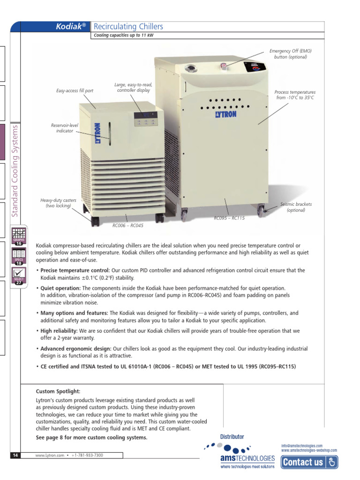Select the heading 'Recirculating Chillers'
pyautogui.click(x=128, y=27)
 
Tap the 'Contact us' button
pyautogui.click(x=309, y=462)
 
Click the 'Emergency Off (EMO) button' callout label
pyautogui.click(x=290, y=53)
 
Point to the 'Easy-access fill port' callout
pyautogui.click(x=75, y=90)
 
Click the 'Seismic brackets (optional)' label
pyautogui.click(x=296, y=207)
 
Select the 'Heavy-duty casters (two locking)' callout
pyautogui.click(x=58, y=203)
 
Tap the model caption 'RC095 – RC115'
pyautogui.click(x=229, y=218)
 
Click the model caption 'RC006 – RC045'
pyautogui.click(x=128, y=225)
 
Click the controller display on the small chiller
pyautogui.click(x=146, y=115)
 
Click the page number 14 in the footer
pyautogui.click(x=15, y=455)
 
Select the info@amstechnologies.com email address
pyautogui.click(x=302, y=446)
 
